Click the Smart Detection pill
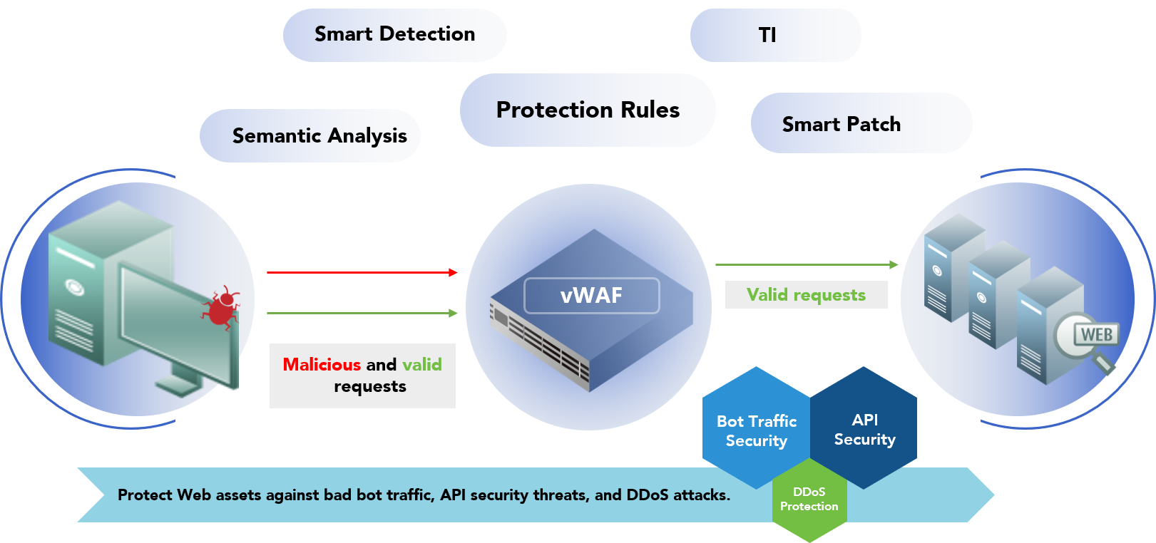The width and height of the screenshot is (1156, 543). (x=394, y=34)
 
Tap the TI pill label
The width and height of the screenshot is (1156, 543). (x=767, y=36)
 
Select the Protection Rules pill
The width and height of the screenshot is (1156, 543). (x=588, y=110)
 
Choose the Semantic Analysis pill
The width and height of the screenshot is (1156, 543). (x=319, y=135)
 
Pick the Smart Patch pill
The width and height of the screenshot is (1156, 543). (x=842, y=124)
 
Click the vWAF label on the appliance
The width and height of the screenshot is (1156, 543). (x=591, y=295)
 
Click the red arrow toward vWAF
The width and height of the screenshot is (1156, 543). (x=362, y=272)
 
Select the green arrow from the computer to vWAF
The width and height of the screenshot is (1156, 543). (x=362, y=313)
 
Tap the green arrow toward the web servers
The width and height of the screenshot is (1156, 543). (x=806, y=264)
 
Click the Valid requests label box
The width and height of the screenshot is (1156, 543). (x=806, y=295)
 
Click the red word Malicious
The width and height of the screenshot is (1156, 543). (x=322, y=365)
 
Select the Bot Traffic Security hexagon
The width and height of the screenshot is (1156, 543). (x=756, y=430)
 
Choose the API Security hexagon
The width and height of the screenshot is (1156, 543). (x=864, y=429)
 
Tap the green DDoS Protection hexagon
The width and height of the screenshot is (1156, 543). (x=809, y=500)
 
